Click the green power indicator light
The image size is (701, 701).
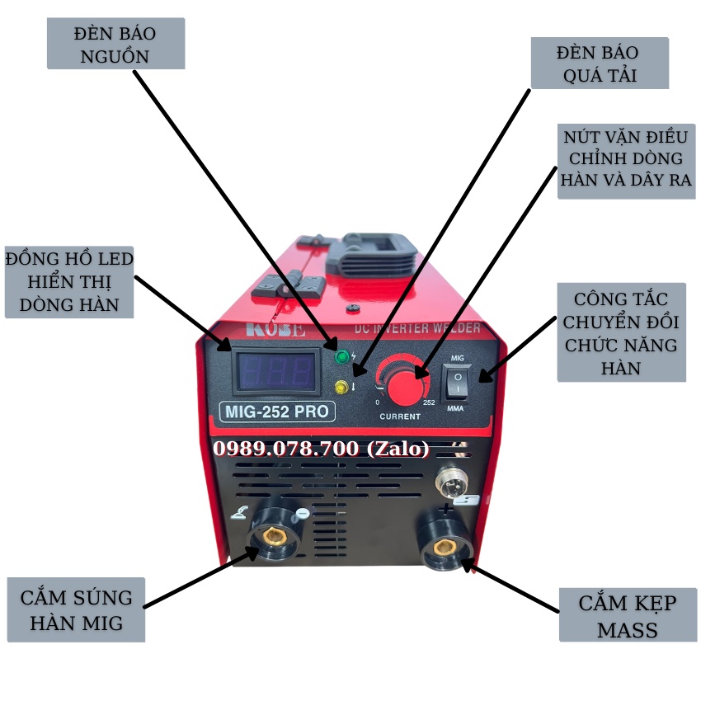341,357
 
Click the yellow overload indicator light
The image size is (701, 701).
341,386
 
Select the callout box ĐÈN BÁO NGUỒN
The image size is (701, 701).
115,45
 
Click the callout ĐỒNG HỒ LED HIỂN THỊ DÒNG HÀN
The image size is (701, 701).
69,282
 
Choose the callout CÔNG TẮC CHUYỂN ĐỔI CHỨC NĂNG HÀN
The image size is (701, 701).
621,332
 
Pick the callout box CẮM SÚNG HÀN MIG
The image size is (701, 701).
75,610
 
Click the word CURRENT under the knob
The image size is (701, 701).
400,416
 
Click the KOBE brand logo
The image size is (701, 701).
275,331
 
